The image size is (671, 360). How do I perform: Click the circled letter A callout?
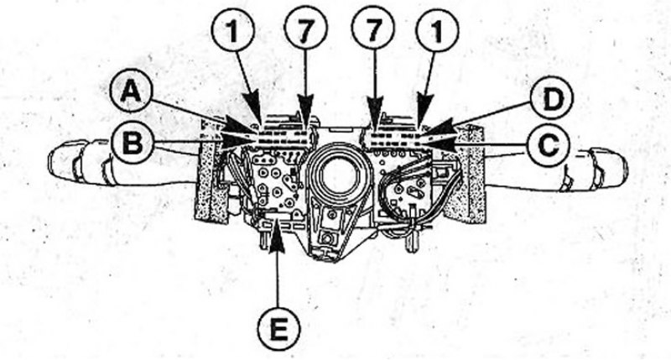(x=131, y=91)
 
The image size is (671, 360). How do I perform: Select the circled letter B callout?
(x=133, y=143)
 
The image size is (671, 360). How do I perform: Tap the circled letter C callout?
(x=549, y=144)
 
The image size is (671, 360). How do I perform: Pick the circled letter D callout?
(x=552, y=97)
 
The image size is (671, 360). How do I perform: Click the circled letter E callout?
(x=279, y=329)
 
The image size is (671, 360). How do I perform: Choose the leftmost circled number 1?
(x=233, y=30)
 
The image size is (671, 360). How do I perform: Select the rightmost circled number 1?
(x=437, y=31)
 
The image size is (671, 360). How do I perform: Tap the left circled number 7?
(x=306, y=28)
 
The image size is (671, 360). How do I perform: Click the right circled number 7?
(x=373, y=28)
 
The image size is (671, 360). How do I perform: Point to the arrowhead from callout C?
(x=441, y=143)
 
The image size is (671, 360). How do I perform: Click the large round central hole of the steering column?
(x=338, y=175)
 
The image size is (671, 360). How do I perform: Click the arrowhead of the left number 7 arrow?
(x=305, y=112)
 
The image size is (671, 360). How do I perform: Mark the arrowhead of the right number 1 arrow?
(x=423, y=111)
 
